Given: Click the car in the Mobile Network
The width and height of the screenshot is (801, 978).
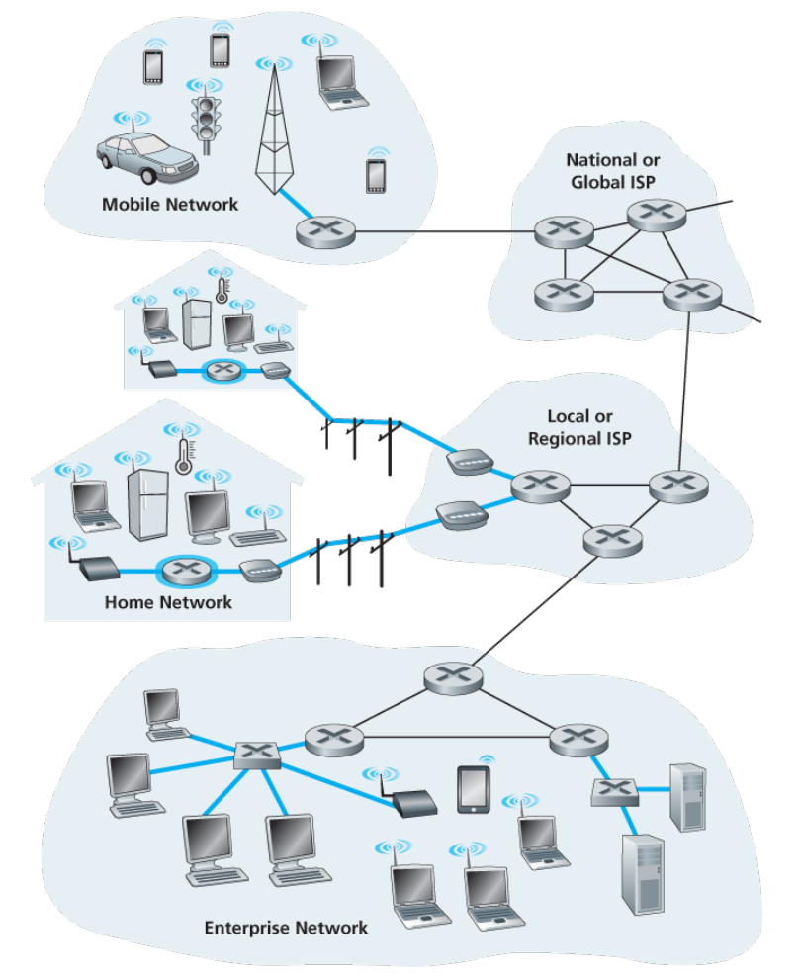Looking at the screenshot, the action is (146, 159).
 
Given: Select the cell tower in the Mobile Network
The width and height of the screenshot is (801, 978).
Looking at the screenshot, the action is (274, 130).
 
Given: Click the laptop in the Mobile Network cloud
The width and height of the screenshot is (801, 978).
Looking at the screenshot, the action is (340, 82).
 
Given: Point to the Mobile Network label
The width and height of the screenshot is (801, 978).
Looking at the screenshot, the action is (170, 205).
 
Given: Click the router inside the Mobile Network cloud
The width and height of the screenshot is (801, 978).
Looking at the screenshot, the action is (325, 232).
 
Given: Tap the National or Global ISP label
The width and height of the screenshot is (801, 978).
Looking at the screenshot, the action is (612, 171).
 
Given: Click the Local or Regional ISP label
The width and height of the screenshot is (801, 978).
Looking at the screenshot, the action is (579, 427).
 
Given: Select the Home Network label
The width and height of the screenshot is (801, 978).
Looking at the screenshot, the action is (168, 602).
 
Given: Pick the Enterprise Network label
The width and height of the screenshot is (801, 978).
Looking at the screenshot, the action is (286, 928).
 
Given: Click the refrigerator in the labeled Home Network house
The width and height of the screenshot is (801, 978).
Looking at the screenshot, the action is (148, 504).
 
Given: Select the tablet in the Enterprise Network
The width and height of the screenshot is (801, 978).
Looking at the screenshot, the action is (474, 790).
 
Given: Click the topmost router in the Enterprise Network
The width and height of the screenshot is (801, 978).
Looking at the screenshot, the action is (454, 678).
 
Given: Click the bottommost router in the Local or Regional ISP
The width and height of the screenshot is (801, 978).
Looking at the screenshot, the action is (612, 540).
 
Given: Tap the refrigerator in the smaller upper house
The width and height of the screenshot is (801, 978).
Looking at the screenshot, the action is (197, 324).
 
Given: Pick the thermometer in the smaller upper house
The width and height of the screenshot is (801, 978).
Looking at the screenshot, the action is (222, 290).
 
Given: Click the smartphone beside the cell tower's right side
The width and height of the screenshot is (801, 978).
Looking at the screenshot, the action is (376, 176).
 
